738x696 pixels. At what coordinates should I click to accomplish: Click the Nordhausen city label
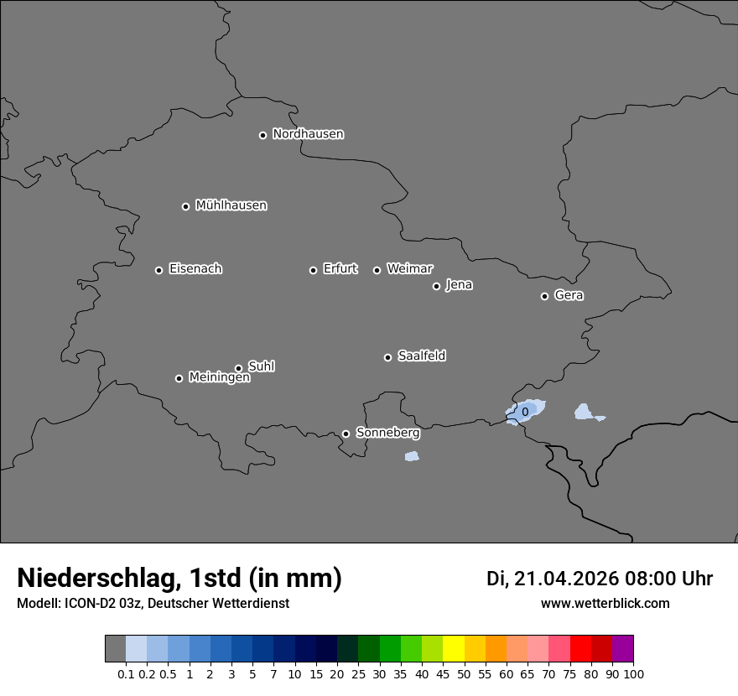point(308,134)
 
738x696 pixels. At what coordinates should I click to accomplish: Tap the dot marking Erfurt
point(313,270)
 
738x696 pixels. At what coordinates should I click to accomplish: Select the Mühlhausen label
point(231,205)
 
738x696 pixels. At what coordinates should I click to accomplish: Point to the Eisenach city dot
point(159,270)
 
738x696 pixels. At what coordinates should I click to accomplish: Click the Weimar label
point(409,269)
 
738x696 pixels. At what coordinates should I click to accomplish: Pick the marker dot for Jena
point(436,286)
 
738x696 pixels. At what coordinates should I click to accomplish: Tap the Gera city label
point(569,295)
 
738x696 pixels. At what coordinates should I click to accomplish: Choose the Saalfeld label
point(421,356)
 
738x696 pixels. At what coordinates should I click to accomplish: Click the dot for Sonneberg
point(346,434)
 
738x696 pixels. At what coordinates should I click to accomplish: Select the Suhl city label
point(261,366)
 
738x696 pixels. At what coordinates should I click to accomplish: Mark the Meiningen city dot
point(179,378)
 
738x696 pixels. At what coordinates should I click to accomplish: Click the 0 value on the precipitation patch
point(525,412)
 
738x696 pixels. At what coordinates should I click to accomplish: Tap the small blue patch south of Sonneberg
point(411,456)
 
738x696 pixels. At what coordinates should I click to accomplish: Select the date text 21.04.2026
point(566,579)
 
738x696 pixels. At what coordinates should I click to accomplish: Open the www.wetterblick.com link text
point(605,604)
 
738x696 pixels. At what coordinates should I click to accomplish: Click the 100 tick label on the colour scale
point(633,674)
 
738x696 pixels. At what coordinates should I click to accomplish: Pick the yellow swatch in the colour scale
point(454,649)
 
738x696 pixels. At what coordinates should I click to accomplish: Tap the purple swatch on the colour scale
point(622,649)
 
